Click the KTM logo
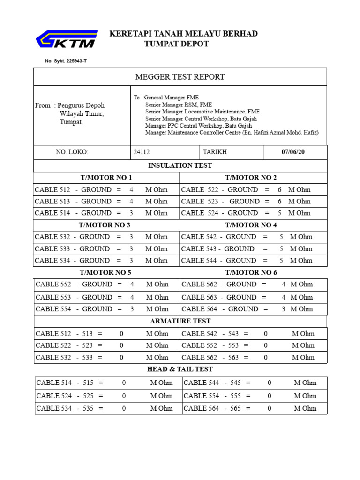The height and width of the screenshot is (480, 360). [67, 39]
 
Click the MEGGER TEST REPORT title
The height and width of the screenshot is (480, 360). [180, 77]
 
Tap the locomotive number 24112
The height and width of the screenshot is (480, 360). [142, 152]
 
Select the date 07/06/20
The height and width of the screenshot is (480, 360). [293, 152]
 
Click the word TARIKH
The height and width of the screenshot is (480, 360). [215, 152]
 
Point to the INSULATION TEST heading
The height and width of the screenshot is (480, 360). [180, 165]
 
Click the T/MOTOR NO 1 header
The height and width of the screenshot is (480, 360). [106, 178]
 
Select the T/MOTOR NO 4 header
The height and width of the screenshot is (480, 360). [251, 225]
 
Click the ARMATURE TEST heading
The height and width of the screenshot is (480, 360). [180, 321]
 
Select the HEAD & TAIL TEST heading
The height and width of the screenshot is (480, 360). [180, 369]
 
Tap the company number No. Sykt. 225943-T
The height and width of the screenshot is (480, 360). [66, 61]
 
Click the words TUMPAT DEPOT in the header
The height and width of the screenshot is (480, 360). [176, 44]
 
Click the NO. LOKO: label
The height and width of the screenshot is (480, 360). [72, 152]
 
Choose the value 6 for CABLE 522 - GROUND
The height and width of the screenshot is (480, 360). [279, 190]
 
